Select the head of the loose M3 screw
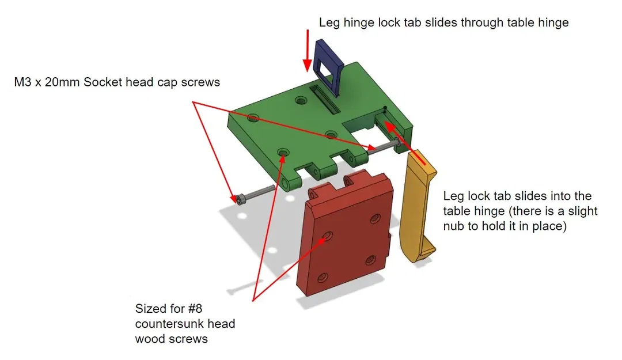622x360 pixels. click(x=240, y=199)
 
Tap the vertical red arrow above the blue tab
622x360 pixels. click(x=308, y=52)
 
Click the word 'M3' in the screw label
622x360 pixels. click(x=24, y=82)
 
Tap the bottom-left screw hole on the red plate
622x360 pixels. click(x=323, y=277)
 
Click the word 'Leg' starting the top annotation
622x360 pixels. click(x=329, y=22)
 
